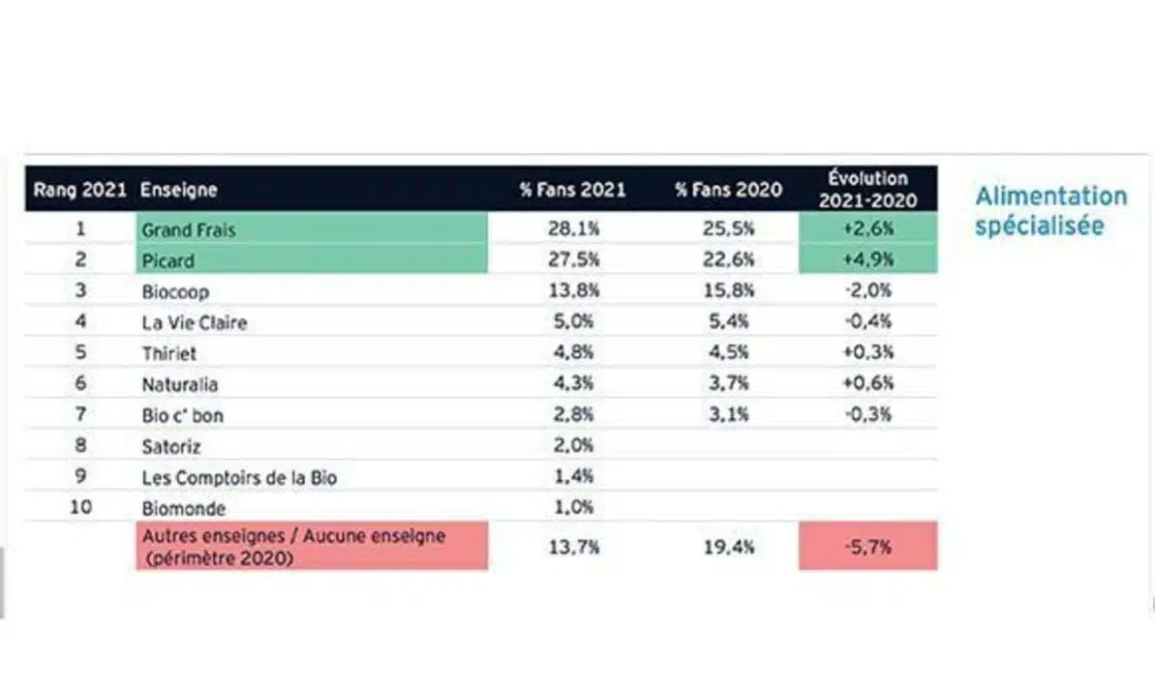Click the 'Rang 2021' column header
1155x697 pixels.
[79, 190]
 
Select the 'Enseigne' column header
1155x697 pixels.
[179, 190]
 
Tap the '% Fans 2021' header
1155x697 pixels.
[572, 190]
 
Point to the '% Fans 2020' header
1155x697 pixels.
[728, 190]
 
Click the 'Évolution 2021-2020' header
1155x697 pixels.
[867, 189]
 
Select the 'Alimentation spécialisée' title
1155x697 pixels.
[1050, 211]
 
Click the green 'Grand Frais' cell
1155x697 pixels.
[312, 229]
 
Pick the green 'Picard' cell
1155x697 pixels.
[312, 260]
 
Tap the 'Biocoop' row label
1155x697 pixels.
[175, 291]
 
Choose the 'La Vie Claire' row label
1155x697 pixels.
[194, 322]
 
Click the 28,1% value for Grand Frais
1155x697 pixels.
[573, 229]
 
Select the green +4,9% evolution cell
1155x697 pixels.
[867, 260]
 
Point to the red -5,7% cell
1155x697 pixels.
[867, 546]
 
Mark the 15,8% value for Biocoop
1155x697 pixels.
[728, 291]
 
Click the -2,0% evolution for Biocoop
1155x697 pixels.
[867, 291]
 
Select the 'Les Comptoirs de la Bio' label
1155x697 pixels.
[239, 477]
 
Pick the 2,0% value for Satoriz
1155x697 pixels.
[573, 446]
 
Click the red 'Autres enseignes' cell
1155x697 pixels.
[312, 546]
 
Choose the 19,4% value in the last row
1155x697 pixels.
[728, 547]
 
